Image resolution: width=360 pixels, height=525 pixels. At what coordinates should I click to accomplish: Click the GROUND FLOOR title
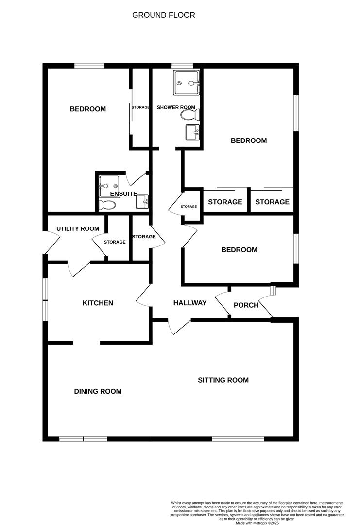(164, 15)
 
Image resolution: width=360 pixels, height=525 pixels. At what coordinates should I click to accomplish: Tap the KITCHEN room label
(98, 303)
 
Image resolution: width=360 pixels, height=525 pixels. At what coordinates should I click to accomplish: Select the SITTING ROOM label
(223, 380)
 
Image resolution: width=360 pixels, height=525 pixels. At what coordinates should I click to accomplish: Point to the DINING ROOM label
(98, 391)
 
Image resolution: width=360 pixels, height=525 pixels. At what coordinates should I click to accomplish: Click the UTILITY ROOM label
(78, 228)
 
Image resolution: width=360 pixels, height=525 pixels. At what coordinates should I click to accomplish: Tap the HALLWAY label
(189, 303)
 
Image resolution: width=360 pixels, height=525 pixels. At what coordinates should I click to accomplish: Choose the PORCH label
(246, 305)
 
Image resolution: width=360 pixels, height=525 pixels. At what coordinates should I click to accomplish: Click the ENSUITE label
(123, 194)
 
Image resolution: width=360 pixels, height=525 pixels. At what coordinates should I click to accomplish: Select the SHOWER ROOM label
(176, 107)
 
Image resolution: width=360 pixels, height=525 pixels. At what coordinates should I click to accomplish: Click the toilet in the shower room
(190, 115)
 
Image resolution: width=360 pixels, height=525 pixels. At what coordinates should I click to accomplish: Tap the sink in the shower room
(193, 132)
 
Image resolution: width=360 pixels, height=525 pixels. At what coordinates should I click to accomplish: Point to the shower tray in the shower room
(187, 82)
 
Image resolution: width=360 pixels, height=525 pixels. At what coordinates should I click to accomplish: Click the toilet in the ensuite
(107, 205)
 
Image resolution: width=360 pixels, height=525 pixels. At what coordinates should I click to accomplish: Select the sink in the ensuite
(142, 202)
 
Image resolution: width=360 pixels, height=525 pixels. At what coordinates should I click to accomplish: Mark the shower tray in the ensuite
(109, 186)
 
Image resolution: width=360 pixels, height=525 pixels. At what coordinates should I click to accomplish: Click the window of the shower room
(182, 65)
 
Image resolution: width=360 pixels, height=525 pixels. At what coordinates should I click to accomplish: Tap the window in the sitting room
(238, 438)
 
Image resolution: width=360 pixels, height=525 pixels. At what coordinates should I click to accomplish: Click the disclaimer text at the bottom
(257, 512)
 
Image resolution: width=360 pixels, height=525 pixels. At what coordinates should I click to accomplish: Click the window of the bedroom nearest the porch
(296, 248)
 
